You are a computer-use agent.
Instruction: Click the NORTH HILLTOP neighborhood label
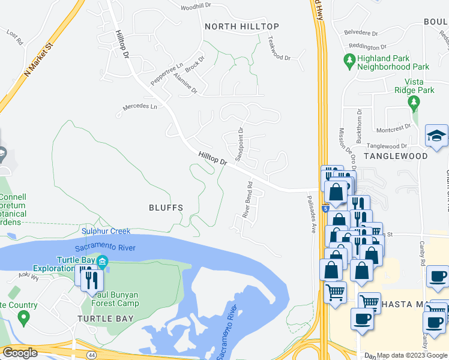pos(241,26)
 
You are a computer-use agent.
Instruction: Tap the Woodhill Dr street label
pos(196,5)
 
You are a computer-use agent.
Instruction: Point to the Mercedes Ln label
pos(139,107)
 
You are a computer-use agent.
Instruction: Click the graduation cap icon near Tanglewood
pos(437,136)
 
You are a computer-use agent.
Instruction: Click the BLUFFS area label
pos(166,207)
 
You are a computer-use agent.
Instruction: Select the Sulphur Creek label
pos(106,231)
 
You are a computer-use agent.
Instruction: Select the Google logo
pos(20,353)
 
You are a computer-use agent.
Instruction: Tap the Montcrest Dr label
pos(393,128)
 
